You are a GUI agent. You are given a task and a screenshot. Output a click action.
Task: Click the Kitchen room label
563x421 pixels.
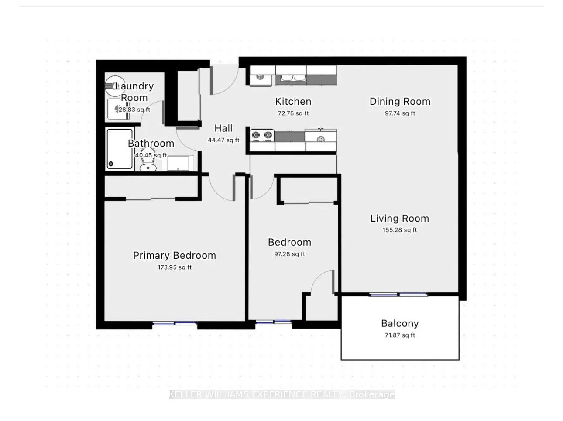[293, 102]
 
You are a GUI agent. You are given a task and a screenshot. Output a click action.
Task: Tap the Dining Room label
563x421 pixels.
[400, 102]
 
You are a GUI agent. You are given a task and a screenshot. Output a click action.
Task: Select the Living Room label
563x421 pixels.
[399, 219]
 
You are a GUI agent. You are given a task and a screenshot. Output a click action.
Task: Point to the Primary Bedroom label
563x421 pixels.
[174, 256]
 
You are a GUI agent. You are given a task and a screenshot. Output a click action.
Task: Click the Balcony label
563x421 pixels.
[400, 324]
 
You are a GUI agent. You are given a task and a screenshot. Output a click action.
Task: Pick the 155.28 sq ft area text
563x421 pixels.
[399, 230]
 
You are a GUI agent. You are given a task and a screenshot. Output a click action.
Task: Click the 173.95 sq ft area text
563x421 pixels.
[174, 267]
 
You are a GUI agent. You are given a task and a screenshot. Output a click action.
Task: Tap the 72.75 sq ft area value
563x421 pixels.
[293, 113]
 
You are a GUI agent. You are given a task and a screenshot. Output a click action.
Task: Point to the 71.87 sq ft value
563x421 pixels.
[400, 335]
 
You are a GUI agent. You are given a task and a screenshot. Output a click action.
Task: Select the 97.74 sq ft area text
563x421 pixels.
[400, 113]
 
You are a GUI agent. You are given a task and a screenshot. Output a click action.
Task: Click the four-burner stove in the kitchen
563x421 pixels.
[262, 136]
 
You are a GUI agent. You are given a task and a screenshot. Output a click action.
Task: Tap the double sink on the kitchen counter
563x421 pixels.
[290, 78]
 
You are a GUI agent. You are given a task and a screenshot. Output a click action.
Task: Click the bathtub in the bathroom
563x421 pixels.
[120, 149]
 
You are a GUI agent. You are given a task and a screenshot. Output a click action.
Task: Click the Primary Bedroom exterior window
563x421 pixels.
[175, 324]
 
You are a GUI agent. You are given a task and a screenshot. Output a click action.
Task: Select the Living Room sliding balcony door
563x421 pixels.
[398, 294]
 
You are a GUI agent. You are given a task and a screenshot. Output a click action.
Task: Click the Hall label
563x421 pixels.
[223, 128]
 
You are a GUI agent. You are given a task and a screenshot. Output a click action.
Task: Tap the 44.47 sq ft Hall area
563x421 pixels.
[223, 140]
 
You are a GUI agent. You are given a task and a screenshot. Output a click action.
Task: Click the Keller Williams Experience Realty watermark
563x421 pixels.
[281, 395]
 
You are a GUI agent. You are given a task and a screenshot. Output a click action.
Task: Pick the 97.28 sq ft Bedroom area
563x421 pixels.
[289, 254]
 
